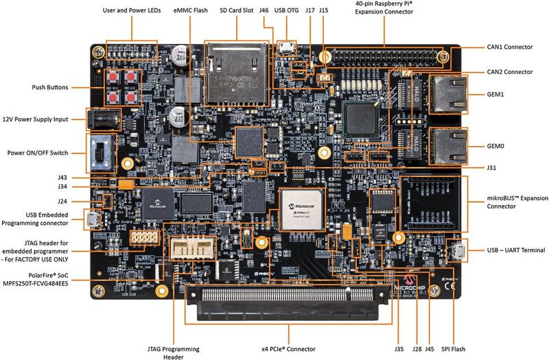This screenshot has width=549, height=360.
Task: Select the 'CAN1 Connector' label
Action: [509, 47]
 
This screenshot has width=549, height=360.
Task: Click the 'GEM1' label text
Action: [495, 95]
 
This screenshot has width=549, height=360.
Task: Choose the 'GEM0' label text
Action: [495, 146]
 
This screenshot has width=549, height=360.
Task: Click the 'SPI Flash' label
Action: [454, 349]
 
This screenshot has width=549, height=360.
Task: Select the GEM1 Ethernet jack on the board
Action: [447, 94]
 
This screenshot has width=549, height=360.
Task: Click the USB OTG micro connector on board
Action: [287, 47]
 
